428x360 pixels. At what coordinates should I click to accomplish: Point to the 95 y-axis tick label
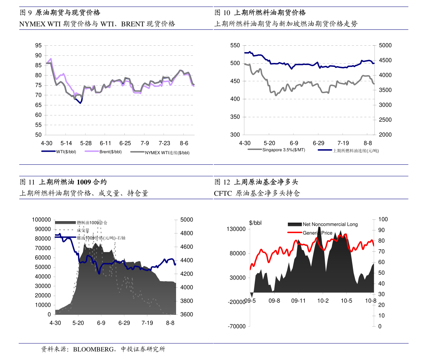click(x=38, y=46)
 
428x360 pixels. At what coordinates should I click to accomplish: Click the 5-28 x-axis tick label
click(x=86, y=142)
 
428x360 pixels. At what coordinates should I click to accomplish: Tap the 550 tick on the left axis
click(x=235, y=45)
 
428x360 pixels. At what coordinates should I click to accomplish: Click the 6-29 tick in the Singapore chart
click(x=318, y=142)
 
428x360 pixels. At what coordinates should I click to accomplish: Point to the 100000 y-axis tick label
click(x=41, y=220)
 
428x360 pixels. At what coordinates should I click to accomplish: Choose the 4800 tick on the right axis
click(x=186, y=233)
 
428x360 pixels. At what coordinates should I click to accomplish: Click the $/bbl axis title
click(x=255, y=223)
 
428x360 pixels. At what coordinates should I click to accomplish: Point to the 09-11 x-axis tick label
click(x=298, y=301)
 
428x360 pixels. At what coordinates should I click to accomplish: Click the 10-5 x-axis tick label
click(x=346, y=301)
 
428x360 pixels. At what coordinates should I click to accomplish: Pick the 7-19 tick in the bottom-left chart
click(x=147, y=323)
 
